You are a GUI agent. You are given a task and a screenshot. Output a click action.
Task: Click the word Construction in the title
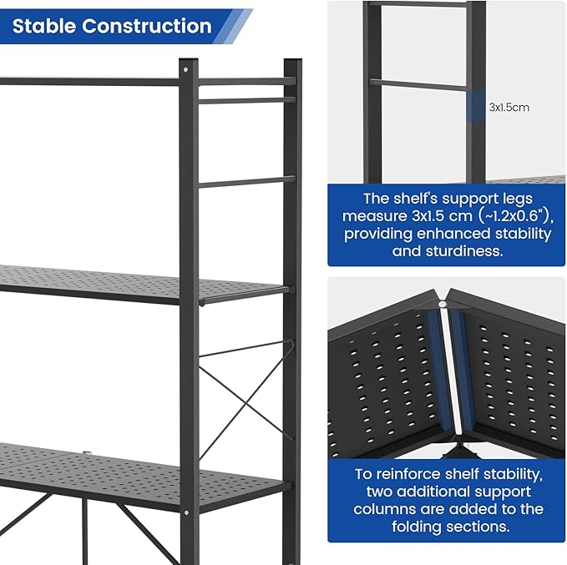[147, 26]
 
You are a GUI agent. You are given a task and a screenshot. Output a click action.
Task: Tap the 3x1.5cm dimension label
[509, 107]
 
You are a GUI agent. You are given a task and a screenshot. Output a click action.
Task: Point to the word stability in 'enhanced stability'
[524, 233]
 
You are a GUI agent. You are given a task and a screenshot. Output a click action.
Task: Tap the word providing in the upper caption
[377, 233]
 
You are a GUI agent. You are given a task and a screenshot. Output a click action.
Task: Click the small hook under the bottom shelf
[86, 453]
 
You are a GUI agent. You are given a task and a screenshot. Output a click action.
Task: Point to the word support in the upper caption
[463, 199]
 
